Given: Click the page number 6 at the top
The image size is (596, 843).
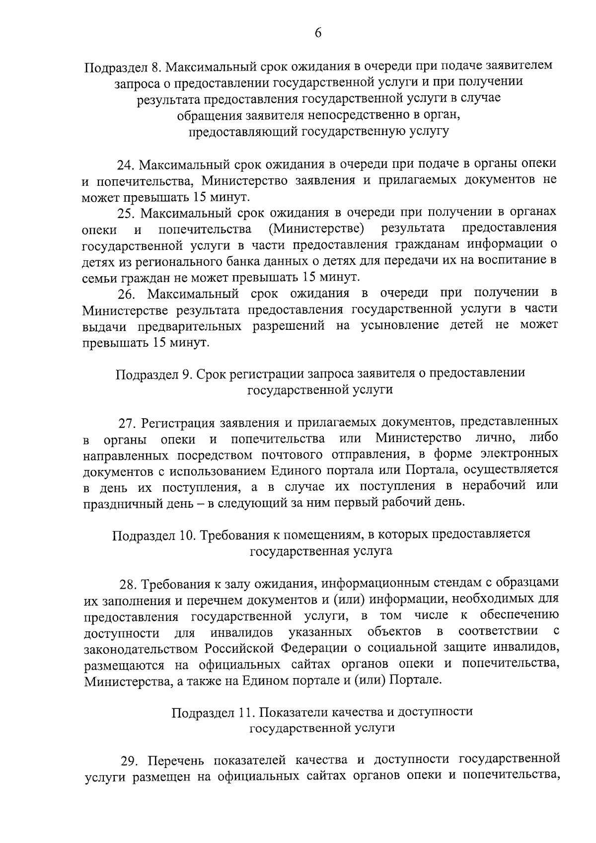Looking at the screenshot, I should [x=318, y=33].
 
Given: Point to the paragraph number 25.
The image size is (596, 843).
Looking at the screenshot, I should [x=124, y=213].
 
